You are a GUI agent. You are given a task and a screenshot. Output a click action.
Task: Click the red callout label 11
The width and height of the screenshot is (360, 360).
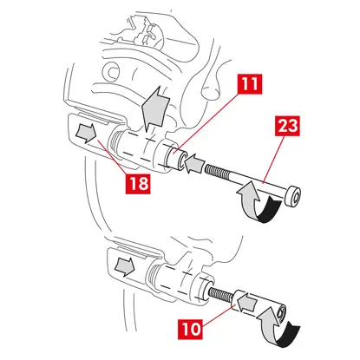click(x=250, y=84)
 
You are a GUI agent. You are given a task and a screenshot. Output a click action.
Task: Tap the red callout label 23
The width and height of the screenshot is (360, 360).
click(x=287, y=126)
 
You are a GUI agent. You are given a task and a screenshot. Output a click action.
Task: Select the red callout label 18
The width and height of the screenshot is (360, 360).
click(x=138, y=183)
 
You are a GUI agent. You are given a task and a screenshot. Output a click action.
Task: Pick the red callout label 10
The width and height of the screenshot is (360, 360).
click(x=190, y=329)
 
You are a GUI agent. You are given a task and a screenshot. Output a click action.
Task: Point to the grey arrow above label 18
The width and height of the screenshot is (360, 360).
click(x=86, y=134)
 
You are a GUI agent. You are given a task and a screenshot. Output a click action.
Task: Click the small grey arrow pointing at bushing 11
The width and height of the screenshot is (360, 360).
click(x=193, y=165)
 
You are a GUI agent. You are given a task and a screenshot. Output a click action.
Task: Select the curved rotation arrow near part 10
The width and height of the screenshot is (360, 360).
click(x=278, y=328)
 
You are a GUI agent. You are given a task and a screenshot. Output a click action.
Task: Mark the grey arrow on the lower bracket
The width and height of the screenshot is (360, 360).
click(x=125, y=266)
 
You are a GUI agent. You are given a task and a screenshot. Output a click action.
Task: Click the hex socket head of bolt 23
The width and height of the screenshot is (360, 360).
click(x=293, y=197)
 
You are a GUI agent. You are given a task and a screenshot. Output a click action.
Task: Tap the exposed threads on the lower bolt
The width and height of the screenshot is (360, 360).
click(x=220, y=294)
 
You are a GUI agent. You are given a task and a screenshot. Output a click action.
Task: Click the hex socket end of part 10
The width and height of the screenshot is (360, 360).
click(x=280, y=313)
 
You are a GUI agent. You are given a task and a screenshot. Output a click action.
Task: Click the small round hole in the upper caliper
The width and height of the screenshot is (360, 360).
click(x=112, y=72)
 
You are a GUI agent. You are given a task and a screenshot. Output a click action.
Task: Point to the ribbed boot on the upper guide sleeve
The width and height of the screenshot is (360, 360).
click(x=114, y=142)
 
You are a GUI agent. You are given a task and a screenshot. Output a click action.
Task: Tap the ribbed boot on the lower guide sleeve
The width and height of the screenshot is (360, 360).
click(x=152, y=277)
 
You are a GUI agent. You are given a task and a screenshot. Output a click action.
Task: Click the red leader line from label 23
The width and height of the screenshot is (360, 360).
click(x=272, y=160)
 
